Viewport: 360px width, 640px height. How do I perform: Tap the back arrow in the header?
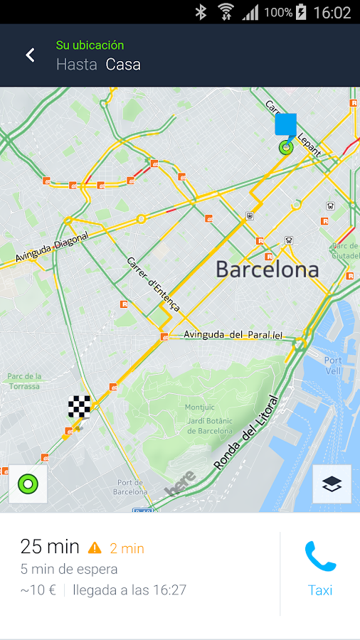pyautogui.click(x=30, y=55)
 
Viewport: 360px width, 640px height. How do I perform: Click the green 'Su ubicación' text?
pyautogui.click(x=90, y=46)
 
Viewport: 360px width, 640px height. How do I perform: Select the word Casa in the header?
pyautogui.click(x=123, y=65)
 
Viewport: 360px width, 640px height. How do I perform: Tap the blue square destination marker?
pyautogui.click(x=286, y=124)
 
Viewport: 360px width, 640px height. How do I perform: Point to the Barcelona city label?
pyautogui.click(x=267, y=270)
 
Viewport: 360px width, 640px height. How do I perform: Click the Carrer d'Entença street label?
pyautogui.click(x=153, y=283)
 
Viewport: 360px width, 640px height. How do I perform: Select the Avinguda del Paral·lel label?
pyautogui.click(x=233, y=334)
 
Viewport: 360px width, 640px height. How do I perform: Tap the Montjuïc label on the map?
pyautogui.click(x=199, y=407)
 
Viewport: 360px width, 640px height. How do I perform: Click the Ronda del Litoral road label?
pyautogui.click(x=245, y=434)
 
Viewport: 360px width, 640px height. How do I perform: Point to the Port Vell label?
pyautogui.click(x=332, y=366)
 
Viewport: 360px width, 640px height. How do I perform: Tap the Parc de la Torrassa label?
pyautogui.click(x=24, y=381)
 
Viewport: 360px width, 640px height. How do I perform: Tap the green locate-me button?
pyautogui.click(x=28, y=484)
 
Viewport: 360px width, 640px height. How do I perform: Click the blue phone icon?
pyautogui.click(x=320, y=557)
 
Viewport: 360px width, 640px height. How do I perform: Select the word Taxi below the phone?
pyautogui.click(x=320, y=590)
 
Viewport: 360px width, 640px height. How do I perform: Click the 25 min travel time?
pyautogui.click(x=50, y=546)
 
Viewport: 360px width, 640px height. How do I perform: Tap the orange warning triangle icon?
pyautogui.click(x=95, y=548)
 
